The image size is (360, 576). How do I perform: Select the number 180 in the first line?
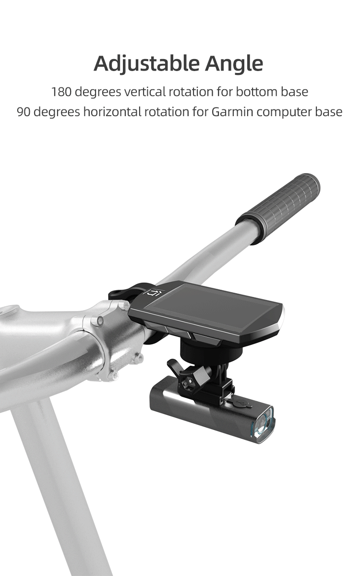[61, 91]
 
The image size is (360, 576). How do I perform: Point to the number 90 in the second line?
[24, 112]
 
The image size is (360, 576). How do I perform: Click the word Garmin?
[232, 112]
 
